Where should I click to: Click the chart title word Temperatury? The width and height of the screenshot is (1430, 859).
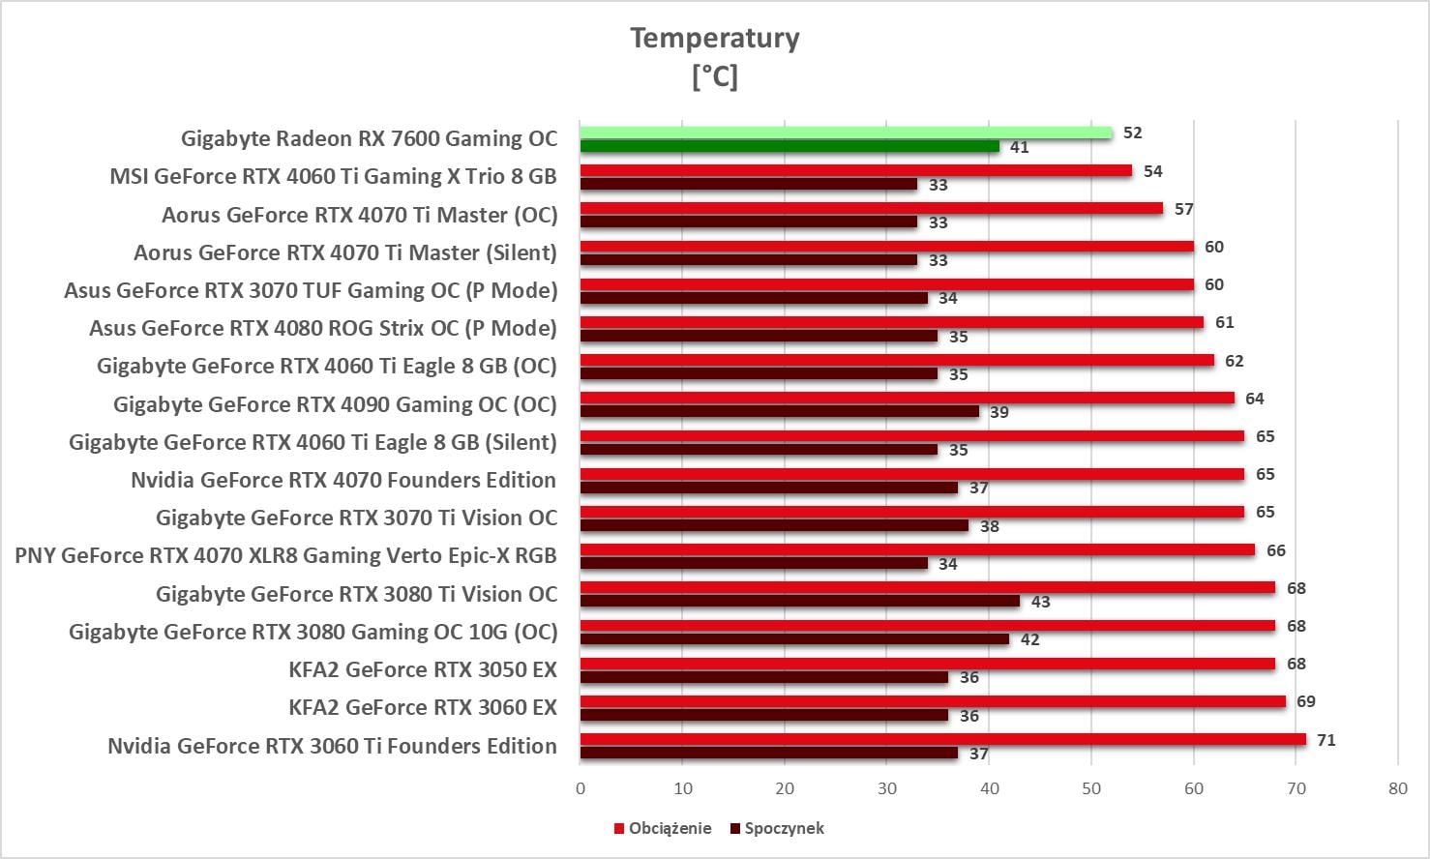715,38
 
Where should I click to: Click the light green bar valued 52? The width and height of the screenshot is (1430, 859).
847,133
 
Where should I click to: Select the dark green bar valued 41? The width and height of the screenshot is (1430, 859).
789,146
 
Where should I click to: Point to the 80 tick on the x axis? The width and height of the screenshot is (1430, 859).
1397,788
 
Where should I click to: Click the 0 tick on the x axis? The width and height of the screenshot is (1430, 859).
581,788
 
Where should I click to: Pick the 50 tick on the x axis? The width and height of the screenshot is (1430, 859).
1091,788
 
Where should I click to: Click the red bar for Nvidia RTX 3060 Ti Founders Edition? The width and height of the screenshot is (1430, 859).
943,740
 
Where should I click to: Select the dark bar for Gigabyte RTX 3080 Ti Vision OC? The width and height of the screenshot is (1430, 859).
800,601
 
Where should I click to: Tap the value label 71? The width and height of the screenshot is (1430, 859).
1326,740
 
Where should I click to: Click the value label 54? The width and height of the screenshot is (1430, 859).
1153,171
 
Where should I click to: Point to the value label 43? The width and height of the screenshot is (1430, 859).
1040,602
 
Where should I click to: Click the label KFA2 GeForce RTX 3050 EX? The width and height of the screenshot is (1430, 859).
423,669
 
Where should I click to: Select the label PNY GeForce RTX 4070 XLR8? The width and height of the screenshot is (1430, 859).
286,555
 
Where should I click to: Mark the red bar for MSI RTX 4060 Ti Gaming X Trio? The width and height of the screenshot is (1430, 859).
856,171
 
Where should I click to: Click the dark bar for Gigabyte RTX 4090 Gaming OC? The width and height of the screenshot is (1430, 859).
780,411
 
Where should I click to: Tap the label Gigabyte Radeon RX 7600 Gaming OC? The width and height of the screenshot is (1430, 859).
370,138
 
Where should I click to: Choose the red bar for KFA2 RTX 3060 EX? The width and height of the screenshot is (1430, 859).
933,701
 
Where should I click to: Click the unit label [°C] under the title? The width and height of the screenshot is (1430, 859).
715,75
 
